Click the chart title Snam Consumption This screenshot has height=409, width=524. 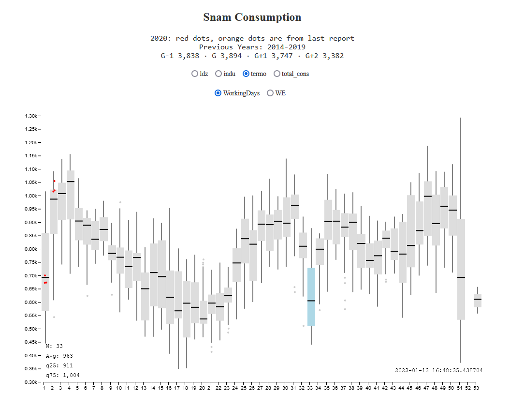click(x=252, y=17)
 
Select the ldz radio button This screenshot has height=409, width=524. click(x=195, y=74)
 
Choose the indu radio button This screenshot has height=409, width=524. click(x=218, y=74)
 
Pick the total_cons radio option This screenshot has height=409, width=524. click(x=277, y=74)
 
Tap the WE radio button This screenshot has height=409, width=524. click(x=270, y=93)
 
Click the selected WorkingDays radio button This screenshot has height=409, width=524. click(x=218, y=93)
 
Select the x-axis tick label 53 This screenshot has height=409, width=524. click(x=477, y=388)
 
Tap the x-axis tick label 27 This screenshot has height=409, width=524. click(x=260, y=388)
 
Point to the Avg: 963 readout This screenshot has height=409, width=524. click(x=59, y=356)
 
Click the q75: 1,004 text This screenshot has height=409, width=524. click(x=63, y=375)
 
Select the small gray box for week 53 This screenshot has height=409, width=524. click(x=477, y=301)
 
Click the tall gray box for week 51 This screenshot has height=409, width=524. click(x=461, y=290)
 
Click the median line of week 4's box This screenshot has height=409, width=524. click(x=71, y=182)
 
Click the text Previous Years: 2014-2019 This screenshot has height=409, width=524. click(x=252, y=47)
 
